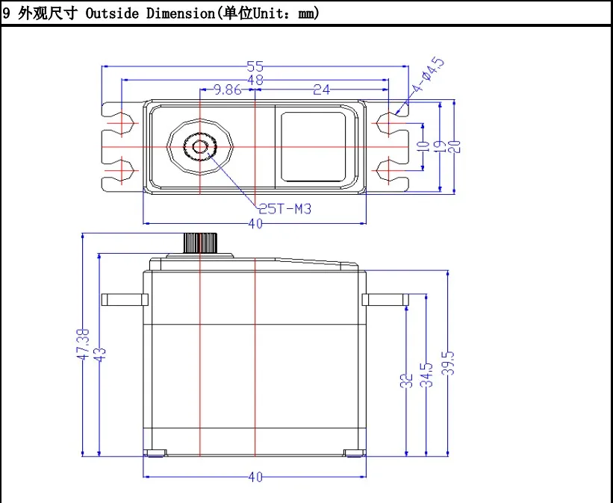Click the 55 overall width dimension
[x=255, y=66]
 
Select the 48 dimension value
[x=255, y=79]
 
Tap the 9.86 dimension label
[x=228, y=90]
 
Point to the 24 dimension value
[x=321, y=90]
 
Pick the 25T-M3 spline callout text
[x=284, y=208]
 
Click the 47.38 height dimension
[x=82, y=345]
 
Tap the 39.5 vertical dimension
[x=448, y=363]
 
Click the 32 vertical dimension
[x=407, y=381]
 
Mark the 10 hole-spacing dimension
[x=423, y=146]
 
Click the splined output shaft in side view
[x=199, y=243]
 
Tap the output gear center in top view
[x=200, y=146]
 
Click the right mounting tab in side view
[x=385, y=299]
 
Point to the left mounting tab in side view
[x=125, y=299]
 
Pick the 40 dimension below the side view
[x=255, y=477]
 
